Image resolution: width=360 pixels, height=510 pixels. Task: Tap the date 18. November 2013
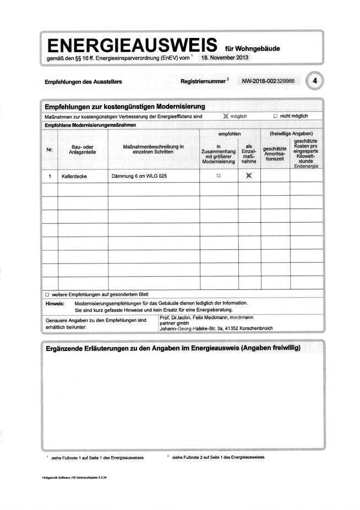click(x=226, y=57)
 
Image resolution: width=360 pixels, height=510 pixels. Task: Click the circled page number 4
click(x=314, y=81)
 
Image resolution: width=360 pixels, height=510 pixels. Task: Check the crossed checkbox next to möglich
click(x=225, y=116)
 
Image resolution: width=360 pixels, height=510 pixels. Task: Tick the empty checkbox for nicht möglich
click(x=275, y=116)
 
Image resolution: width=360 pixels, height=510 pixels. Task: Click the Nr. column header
click(x=49, y=147)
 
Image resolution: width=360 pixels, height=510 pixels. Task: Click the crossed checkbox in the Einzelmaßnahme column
click(x=249, y=176)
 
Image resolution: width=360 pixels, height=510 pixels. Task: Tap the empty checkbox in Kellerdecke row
click(x=219, y=176)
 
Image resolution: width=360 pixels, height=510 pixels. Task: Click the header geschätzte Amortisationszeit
click(x=275, y=153)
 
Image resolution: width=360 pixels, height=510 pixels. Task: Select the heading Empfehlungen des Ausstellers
click(x=83, y=81)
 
